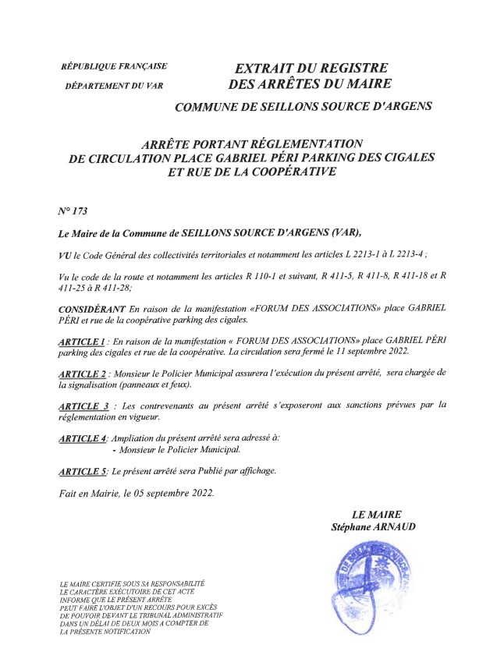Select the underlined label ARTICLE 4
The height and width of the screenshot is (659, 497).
[83, 438]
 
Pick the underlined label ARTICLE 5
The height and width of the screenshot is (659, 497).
[83, 471]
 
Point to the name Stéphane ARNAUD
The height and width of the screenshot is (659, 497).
[373, 528]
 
